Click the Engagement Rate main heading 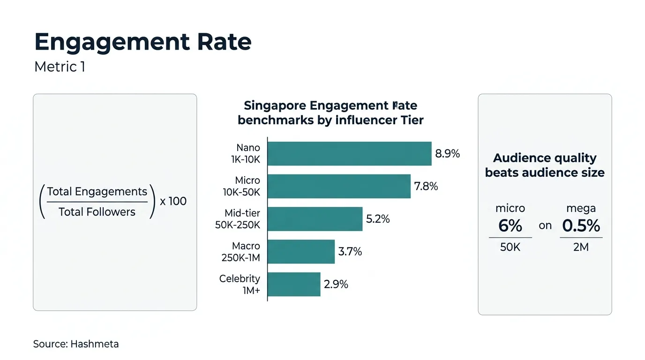(x=143, y=42)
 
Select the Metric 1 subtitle (x=60, y=67)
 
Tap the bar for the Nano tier (x=349, y=154)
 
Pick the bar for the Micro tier (x=339, y=186)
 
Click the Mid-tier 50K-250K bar (x=315, y=219)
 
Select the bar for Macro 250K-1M (x=301, y=252)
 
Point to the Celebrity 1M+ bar (x=294, y=284)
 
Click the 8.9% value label (x=448, y=154)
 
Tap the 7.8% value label (x=426, y=187)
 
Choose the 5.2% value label (x=378, y=219)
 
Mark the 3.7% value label (x=350, y=252)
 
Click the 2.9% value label (x=336, y=284)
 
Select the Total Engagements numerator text (x=97, y=192)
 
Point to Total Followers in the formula (x=97, y=212)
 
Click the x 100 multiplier (x=173, y=202)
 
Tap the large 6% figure (x=510, y=226)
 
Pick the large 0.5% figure (x=581, y=226)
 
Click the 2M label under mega (x=581, y=247)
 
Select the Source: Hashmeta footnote (x=76, y=344)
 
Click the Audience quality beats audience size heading (x=545, y=165)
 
